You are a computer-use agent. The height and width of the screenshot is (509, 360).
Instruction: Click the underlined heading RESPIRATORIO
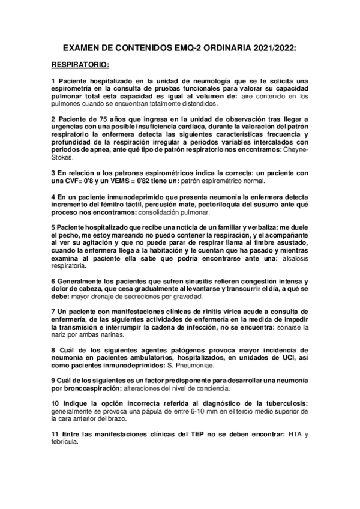[79, 63]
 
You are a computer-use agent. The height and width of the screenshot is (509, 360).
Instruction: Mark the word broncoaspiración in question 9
[92, 390]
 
